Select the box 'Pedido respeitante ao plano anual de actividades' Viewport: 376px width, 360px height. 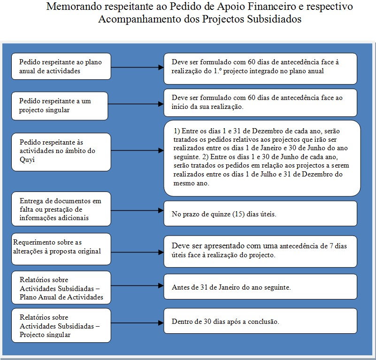pos(61,66)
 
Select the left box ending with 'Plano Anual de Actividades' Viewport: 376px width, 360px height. pos(61,287)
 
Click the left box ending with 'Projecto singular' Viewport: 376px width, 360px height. pos(61,325)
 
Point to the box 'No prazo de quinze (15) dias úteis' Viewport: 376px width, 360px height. pos(260,214)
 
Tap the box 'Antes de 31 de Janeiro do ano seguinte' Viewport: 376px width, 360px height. pos(260,287)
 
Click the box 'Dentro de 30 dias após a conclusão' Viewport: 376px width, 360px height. pos(260,322)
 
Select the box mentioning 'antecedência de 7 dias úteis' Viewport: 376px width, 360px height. pos(260,251)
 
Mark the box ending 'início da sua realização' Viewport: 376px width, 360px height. pos(260,102)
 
